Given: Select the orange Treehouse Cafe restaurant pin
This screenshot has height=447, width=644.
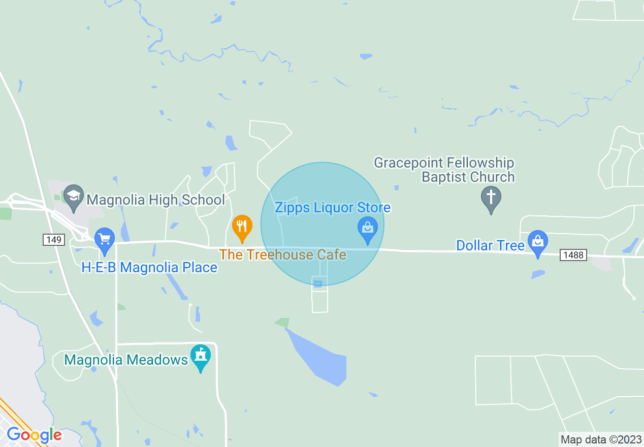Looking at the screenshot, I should coord(242,227).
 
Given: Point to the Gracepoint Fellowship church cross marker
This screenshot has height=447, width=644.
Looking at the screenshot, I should coord(491,198).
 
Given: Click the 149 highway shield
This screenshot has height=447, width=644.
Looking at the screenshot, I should coord(54,239).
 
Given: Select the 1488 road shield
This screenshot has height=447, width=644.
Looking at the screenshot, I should coord(573,255).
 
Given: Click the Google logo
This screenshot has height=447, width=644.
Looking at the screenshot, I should coord(34,435).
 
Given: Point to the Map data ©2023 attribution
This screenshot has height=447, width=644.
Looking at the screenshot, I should coord(600,439).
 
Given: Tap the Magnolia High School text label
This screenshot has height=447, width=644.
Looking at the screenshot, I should coord(155,200).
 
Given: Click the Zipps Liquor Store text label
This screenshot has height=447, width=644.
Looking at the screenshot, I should coord(333,207).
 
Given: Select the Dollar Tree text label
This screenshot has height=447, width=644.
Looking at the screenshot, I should coord(490,245).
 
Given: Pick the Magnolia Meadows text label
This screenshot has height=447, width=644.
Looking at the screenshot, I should coord(126,360).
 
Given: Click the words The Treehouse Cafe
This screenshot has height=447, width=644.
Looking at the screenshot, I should coord(282,254).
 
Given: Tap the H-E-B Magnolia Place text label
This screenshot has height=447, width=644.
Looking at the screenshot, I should coord(149,267).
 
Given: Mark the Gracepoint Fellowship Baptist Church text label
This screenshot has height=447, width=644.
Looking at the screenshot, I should coord(444,170).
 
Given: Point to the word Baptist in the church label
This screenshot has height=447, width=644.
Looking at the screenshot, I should coord(443,177).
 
